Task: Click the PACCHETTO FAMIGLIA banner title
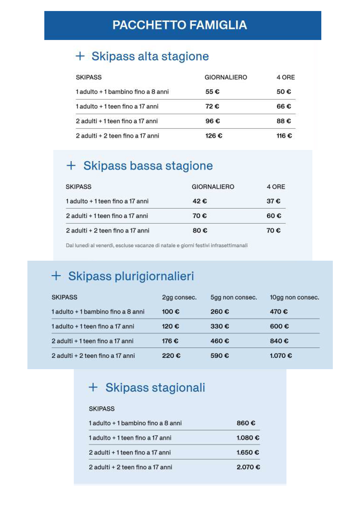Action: pos(180,25)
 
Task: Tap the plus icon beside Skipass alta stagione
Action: pos(80,56)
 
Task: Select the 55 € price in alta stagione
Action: pos(212,92)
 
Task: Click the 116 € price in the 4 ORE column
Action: pos(284,136)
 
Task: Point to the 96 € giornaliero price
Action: pos(212,121)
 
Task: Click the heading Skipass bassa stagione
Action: pos(148,166)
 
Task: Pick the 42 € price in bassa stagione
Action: pos(200,201)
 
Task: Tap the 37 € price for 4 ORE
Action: pos(273,201)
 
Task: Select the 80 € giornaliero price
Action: pos(200,230)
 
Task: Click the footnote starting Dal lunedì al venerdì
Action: pos(157,246)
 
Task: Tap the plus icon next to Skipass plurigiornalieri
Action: pos(56,276)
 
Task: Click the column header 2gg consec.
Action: pos(179,297)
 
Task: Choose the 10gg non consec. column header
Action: pos(294,297)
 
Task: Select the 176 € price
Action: pos(170,341)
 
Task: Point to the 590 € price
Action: pos(220,356)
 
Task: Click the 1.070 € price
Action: pos(281,356)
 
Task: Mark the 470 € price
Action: pos(279,312)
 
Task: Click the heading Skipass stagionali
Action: pos(155,387)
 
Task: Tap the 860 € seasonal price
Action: pos(246,423)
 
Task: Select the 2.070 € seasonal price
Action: pos(248,467)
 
